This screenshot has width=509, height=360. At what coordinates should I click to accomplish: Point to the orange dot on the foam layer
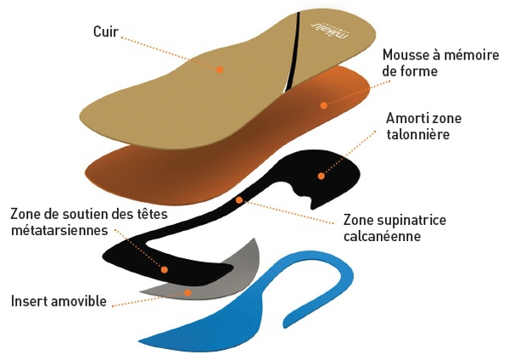pos(323,105)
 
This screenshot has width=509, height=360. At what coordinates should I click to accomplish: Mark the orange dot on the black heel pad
pos(321,177)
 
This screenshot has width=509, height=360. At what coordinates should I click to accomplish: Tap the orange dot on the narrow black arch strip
pos(239,200)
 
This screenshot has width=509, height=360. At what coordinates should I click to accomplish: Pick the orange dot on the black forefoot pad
pos(165,269)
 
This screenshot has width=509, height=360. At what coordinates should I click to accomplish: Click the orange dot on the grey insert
pos(188,292)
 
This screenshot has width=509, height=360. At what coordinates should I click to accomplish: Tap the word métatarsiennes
pos(57,230)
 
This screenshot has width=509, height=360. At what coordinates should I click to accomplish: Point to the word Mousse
pos(403,54)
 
